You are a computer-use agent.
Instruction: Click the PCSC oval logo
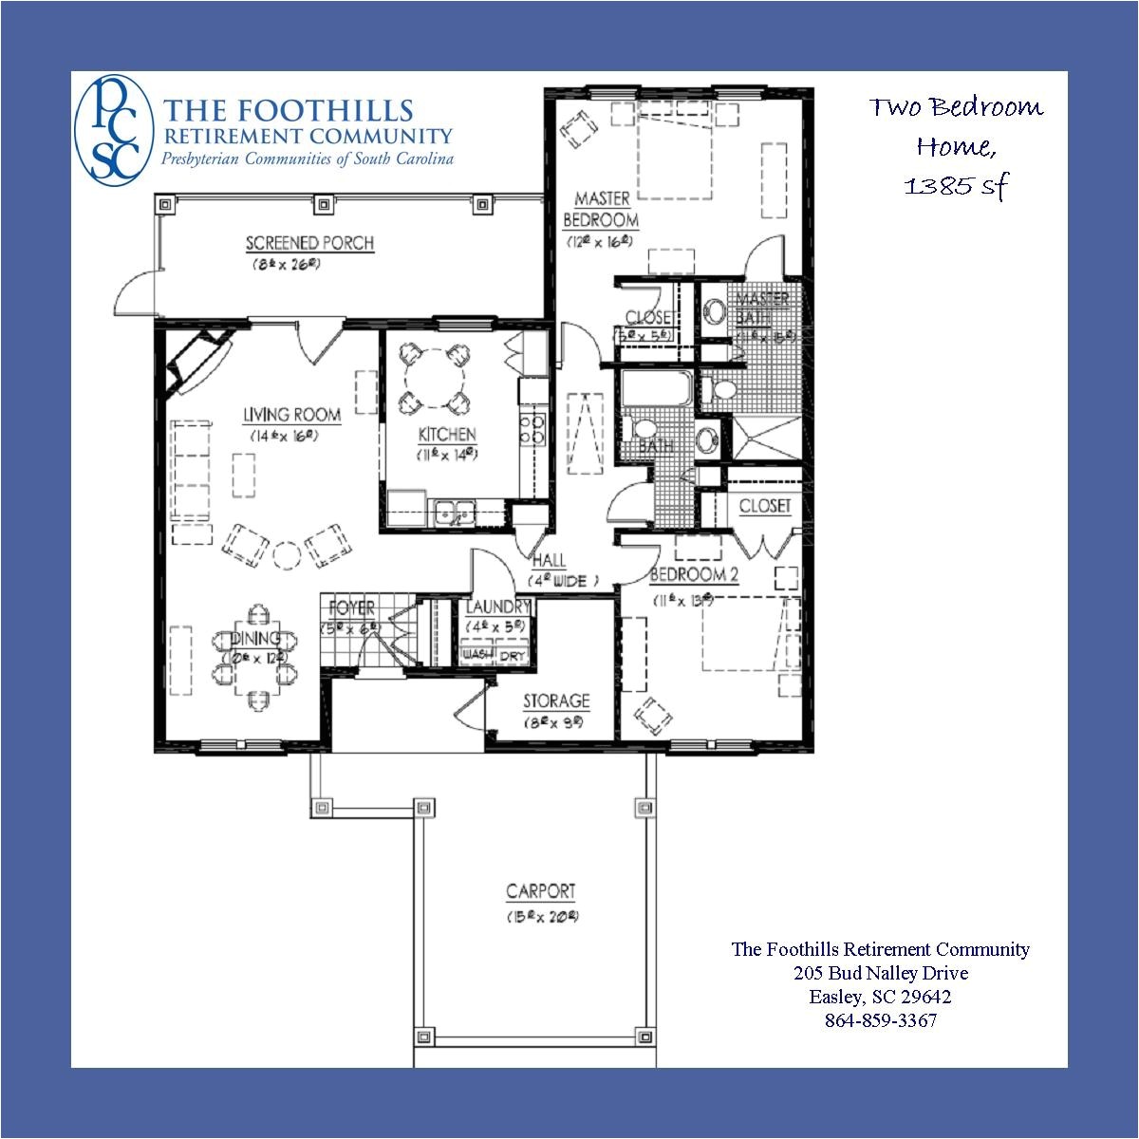coord(113,129)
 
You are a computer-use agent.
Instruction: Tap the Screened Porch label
coord(309,243)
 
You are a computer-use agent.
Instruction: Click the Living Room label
coord(291,415)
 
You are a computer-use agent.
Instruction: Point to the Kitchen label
coord(447,435)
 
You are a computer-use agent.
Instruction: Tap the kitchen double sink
coord(454,512)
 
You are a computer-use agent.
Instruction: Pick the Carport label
coord(540,891)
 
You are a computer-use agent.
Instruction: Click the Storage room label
coord(556,701)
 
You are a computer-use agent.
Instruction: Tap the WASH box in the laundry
coord(477,656)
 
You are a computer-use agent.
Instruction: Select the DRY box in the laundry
coord(513,656)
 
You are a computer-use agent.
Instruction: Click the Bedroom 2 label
coord(693,575)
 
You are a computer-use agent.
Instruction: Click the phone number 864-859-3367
coord(880,1020)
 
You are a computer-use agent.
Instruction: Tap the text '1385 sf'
coord(955,186)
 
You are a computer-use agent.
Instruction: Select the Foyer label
coord(351,607)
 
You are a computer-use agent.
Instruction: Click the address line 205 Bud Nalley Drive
coord(880,973)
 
